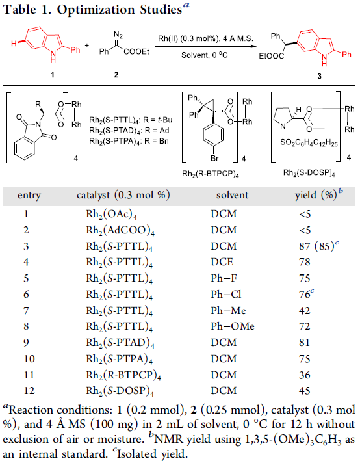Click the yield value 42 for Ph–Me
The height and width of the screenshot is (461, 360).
(x=305, y=311)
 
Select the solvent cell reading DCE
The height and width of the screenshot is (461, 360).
(x=222, y=262)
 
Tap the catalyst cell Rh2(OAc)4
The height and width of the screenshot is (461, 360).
(x=111, y=215)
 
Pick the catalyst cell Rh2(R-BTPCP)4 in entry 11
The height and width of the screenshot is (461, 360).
(x=123, y=375)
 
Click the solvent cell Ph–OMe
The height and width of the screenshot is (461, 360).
(x=233, y=326)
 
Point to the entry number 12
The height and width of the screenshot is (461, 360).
(x=29, y=391)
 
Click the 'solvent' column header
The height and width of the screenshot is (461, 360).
(x=232, y=195)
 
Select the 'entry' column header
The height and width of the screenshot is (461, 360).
(x=29, y=196)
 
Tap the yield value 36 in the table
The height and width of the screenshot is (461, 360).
(x=305, y=375)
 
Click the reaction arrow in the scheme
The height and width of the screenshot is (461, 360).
(x=206, y=46)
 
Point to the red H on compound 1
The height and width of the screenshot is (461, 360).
(x=14, y=44)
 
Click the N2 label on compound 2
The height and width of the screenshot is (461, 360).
(x=118, y=35)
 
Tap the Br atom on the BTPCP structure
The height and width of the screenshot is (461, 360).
(x=214, y=158)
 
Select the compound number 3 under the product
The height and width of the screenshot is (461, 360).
(x=319, y=76)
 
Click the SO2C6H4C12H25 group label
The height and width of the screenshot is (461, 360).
(x=309, y=143)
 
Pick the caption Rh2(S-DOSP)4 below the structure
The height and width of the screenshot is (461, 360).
(x=309, y=172)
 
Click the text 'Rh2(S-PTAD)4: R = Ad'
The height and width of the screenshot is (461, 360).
(x=129, y=131)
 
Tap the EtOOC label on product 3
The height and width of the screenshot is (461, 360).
(x=271, y=56)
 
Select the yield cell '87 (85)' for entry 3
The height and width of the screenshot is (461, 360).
(x=317, y=246)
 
